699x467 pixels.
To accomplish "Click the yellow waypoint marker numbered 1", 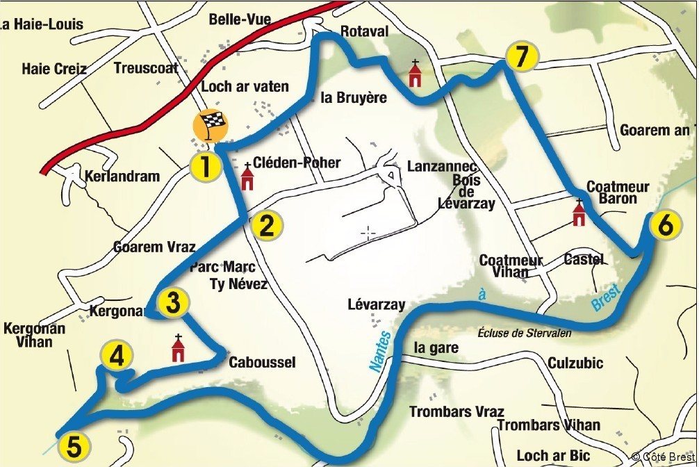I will point(206,167).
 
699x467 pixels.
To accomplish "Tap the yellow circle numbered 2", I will point(267,225).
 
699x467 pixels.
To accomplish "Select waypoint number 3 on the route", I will point(174,302).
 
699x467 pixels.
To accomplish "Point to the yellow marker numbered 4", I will point(116,357).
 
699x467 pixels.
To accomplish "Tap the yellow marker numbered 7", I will point(520,57).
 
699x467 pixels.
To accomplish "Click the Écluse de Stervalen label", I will point(525,334).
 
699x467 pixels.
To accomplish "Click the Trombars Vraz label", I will point(456,411).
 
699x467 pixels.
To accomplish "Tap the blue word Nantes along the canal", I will point(380,352).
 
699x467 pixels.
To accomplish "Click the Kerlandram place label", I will point(122,177).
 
